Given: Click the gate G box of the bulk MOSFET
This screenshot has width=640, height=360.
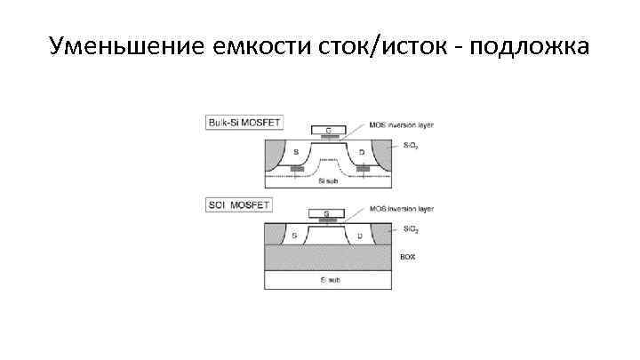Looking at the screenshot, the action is tap(328, 130).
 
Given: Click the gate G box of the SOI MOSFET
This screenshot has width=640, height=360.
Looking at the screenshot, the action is tap(326, 213).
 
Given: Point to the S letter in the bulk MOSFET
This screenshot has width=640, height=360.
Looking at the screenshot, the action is tap(296, 153).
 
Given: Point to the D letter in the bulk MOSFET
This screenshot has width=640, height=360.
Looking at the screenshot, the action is tap(361, 153).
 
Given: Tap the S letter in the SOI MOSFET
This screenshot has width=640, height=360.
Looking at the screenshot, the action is tap(294, 236).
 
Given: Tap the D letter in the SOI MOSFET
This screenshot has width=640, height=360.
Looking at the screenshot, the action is tap(359, 236).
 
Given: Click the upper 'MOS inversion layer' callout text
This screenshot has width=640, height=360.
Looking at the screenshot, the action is tap(401, 126).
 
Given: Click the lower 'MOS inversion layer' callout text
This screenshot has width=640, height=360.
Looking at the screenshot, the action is tap(401, 211).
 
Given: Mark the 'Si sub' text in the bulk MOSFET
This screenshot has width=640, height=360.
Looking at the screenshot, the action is tap(327, 180).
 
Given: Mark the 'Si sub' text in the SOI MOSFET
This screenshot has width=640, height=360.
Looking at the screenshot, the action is tap(328, 280).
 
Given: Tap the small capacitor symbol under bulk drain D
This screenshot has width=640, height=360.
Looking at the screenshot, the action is tap(362, 168).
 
